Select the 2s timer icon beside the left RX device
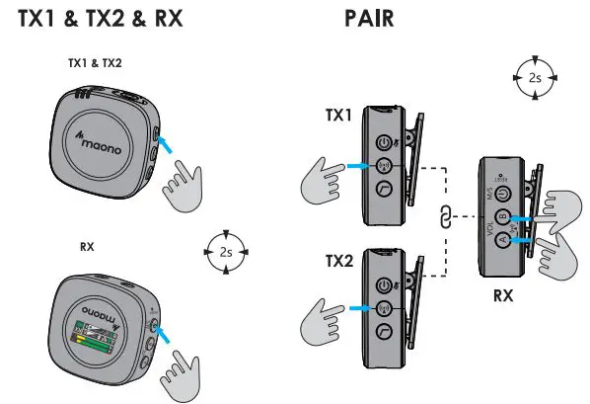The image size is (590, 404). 226,252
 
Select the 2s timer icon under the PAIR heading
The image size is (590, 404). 534,77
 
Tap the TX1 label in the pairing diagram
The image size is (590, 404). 338,116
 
